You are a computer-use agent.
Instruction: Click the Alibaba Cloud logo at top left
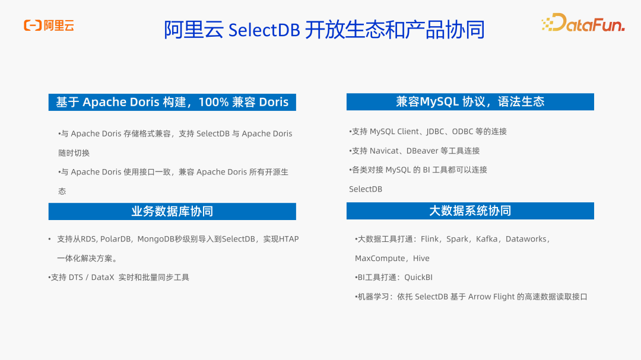(x=49, y=26)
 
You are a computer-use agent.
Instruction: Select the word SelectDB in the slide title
(x=264, y=30)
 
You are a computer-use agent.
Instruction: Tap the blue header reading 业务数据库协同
(x=172, y=211)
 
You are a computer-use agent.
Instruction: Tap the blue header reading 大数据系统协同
(x=470, y=211)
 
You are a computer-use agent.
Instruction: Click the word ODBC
(x=462, y=132)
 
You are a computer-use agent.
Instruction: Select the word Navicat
(x=385, y=151)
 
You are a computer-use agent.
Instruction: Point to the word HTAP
(x=289, y=239)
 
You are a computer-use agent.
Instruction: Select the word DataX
(x=102, y=277)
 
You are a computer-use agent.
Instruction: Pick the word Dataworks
(x=526, y=239)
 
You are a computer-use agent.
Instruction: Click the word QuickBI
(x=418, y=277)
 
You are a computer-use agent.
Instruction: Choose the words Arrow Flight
(x=489, y=297)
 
